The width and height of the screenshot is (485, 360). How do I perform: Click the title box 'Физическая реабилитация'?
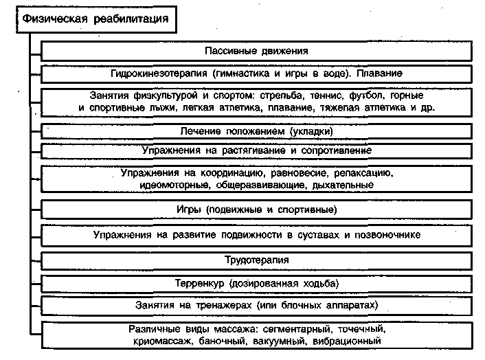click(x=90, y=19)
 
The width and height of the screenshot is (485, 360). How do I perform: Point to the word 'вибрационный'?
click(x=347, y=340)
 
